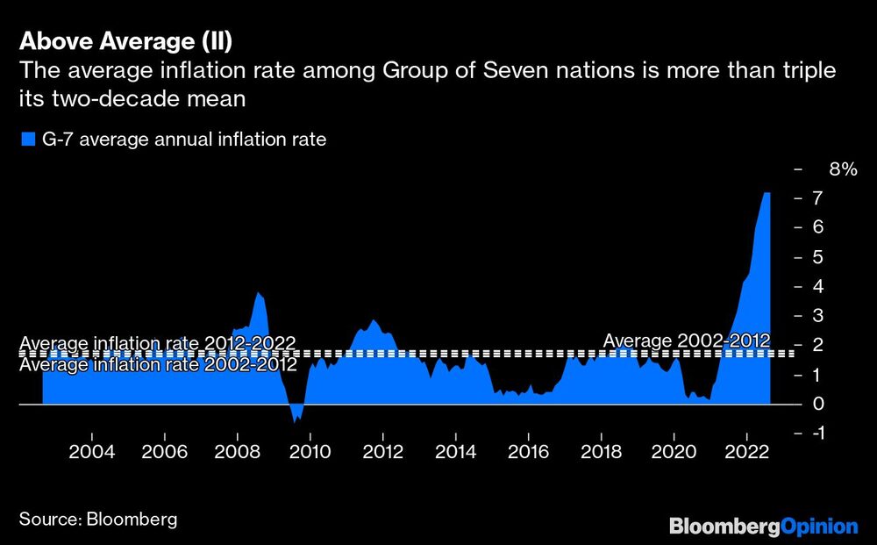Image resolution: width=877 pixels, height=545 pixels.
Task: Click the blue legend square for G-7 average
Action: (27, 140)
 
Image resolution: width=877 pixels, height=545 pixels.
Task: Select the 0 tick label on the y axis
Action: (816, 404)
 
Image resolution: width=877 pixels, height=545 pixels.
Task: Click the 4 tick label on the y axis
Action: (816, 286)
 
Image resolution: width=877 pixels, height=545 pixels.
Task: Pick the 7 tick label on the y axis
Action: (816, 198)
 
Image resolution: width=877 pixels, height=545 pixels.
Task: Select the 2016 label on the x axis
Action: (527, 452)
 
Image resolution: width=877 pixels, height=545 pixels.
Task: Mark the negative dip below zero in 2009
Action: (296, 420)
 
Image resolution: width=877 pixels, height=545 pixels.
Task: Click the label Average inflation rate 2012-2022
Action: (157, 342)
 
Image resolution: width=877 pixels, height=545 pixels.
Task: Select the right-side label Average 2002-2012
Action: (686, 341)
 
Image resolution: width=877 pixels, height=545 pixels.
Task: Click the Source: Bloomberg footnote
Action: (97, 519)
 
